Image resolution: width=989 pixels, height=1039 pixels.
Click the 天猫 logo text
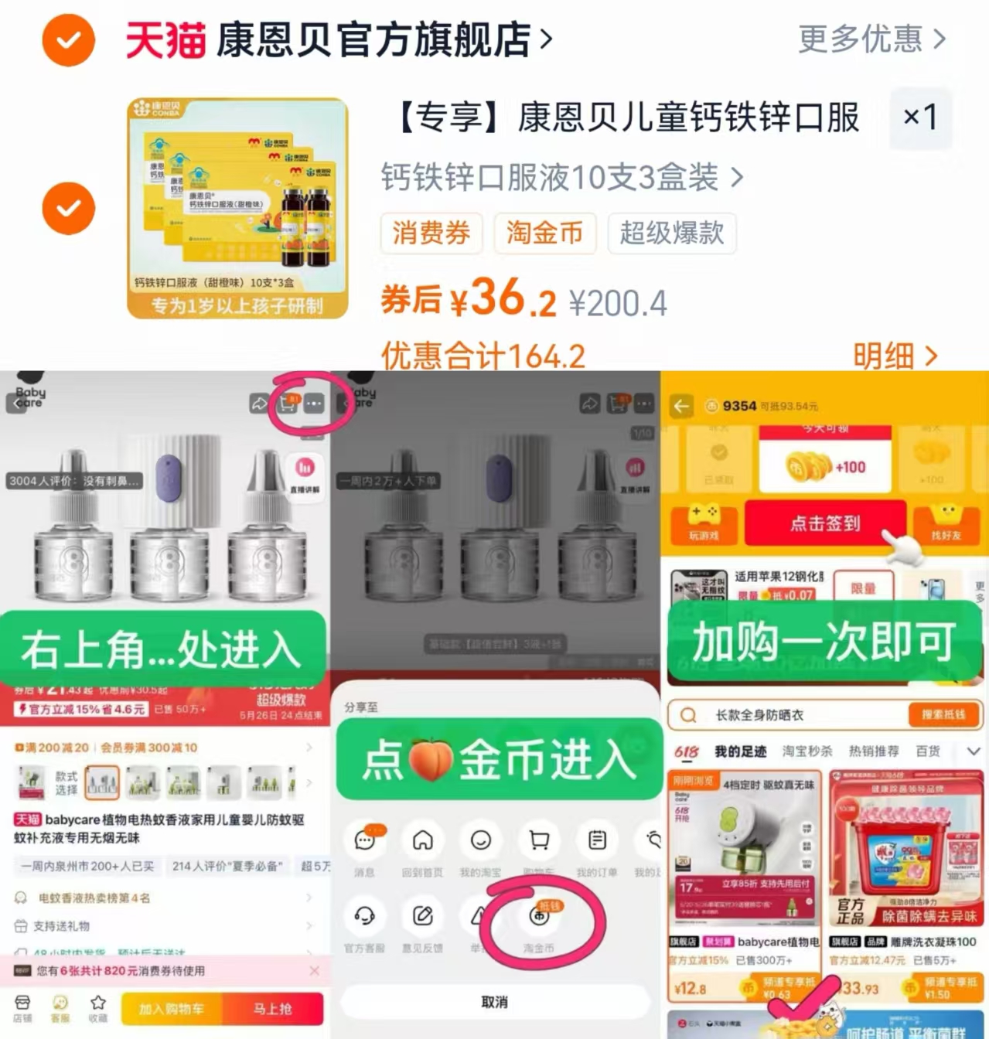point(165,40)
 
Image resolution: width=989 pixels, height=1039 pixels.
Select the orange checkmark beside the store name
point(68,40)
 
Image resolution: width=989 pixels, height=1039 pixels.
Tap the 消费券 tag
point(431,233)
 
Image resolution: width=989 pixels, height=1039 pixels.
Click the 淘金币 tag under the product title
point(544,233)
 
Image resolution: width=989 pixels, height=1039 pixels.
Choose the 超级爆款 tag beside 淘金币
point(671,233)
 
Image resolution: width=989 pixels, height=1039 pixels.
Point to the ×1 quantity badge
point(920,118)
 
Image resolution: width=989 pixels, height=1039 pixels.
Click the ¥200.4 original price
point(618,303)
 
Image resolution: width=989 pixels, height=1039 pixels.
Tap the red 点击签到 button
point(824,523)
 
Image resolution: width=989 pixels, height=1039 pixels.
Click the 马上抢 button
point(272,1009)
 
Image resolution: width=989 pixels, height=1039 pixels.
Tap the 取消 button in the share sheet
point(494,1002)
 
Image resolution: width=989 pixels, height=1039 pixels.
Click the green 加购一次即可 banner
point(824,641)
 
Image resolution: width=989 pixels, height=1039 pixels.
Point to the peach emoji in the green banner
point(430,760)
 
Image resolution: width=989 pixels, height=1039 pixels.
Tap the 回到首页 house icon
point(422,840)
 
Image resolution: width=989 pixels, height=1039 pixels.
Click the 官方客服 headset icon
point(364,916)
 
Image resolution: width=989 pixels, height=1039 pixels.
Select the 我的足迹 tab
point(740,751)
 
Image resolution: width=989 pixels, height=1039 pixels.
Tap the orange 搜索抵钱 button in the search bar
point(943,715)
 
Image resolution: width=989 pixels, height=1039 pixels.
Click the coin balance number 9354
point(739,406)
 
